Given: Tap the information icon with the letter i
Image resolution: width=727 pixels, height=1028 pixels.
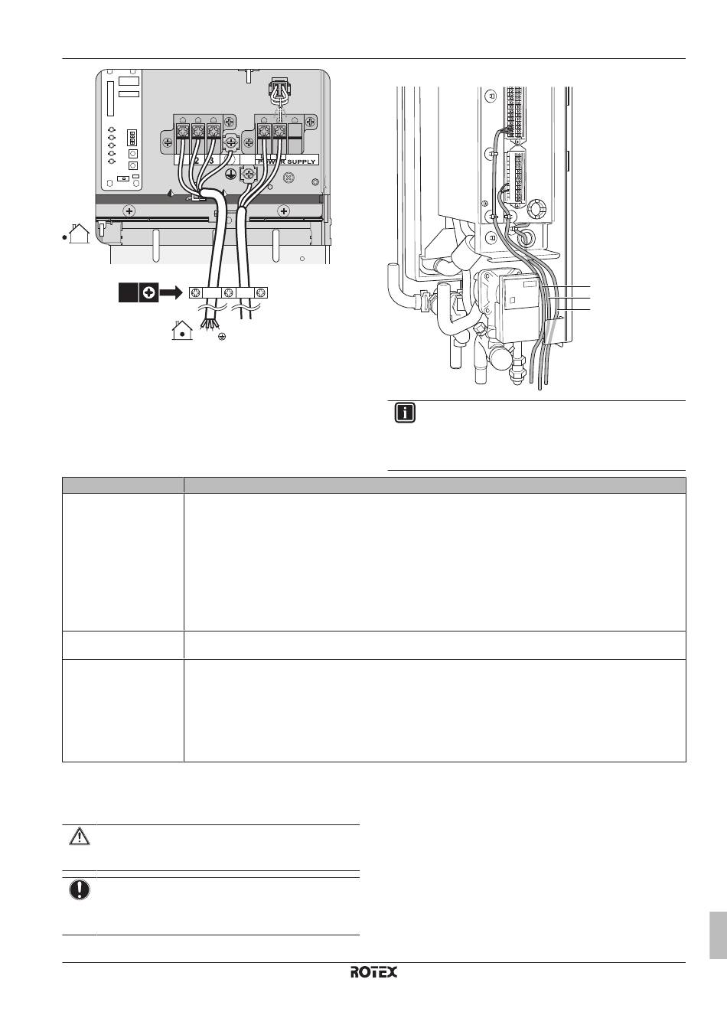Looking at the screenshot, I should [x=405, y=414].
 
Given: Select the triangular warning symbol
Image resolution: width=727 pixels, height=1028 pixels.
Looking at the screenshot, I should [x=79, y=837].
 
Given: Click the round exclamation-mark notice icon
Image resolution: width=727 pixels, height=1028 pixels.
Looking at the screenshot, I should [x=79, y=890].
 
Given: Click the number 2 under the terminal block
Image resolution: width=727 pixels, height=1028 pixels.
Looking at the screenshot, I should [x=196, y=162].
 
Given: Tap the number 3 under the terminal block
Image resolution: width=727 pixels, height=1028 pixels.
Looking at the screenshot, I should [x=211, y=162].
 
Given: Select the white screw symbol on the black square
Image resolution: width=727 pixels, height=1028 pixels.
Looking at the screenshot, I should [x=148, y=292].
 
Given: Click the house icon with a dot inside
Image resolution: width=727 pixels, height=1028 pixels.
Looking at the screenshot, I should [x=181, y=331].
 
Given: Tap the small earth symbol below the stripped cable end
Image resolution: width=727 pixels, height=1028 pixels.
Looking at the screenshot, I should [x=221, y=337].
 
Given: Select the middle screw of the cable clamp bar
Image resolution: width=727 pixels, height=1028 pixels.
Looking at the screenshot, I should [x=229, y=292].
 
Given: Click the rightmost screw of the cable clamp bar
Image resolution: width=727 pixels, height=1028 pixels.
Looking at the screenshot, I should [x=262, y=292].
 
